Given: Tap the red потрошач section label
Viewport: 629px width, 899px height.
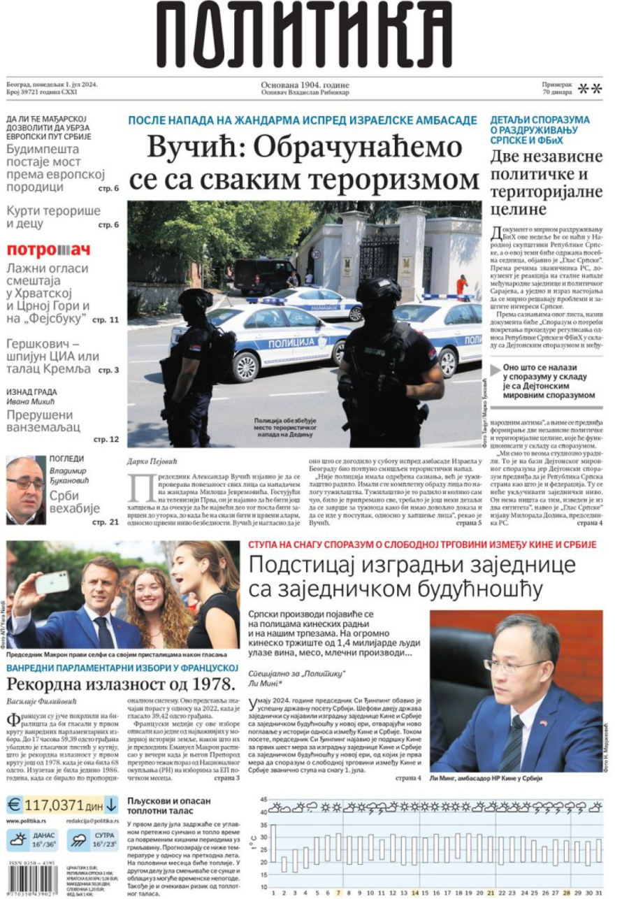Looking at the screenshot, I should coord(49,250).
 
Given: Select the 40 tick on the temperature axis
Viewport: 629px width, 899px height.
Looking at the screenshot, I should coord(263,812).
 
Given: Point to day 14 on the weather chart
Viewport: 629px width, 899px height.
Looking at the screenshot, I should coord(414,893).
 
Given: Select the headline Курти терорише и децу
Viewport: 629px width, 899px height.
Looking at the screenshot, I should coord(53,217).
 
